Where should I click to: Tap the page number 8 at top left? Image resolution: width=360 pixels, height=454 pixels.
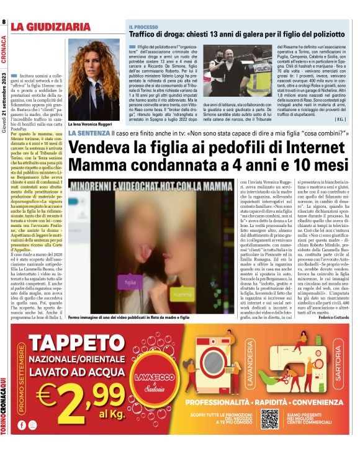click(4, 22)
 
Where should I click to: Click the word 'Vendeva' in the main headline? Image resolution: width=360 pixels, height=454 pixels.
click(107, 149)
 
